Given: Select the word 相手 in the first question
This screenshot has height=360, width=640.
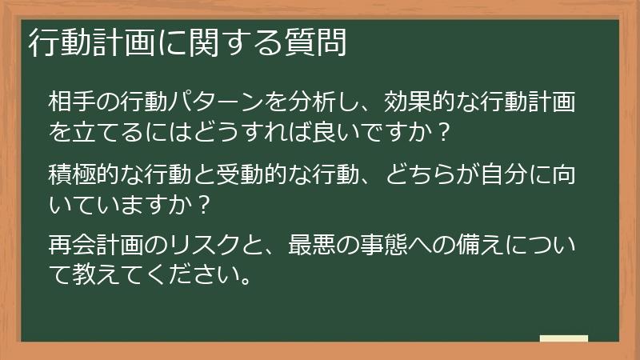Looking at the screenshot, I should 66,102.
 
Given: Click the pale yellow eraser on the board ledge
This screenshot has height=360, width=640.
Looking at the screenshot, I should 563,338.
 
